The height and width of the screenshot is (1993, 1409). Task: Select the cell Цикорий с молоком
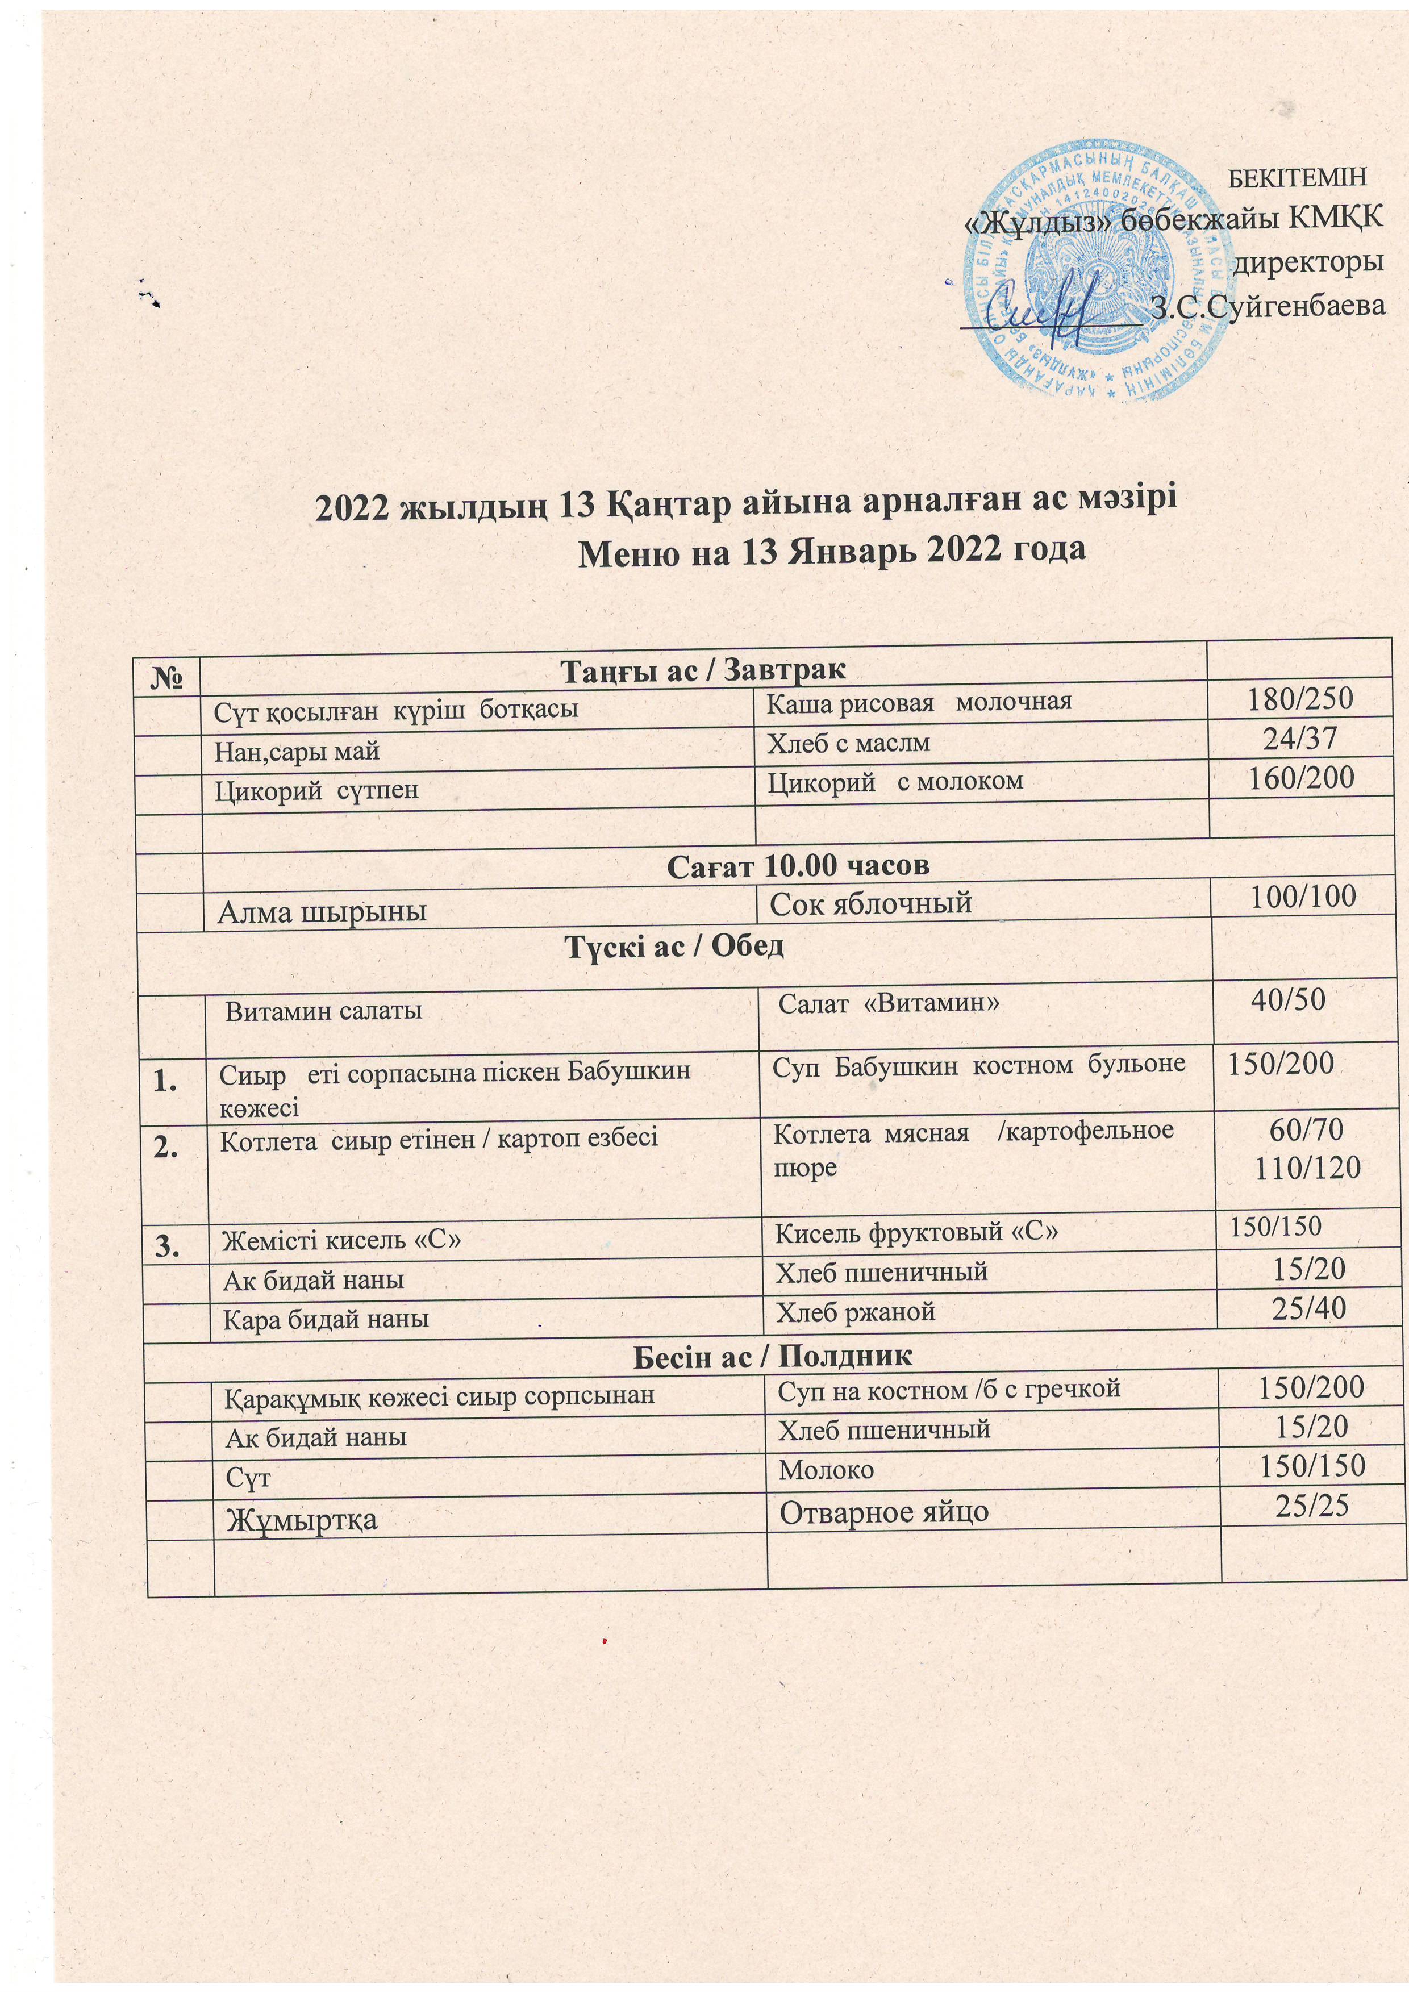pos(895,781)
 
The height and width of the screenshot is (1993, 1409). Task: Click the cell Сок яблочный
pos(870,904)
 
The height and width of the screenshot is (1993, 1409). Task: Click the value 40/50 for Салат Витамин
pos(1287,1000)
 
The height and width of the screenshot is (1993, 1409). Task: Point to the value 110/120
pos(1307,1169)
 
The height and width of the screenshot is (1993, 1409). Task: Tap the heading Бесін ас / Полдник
pos(772,1355)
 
